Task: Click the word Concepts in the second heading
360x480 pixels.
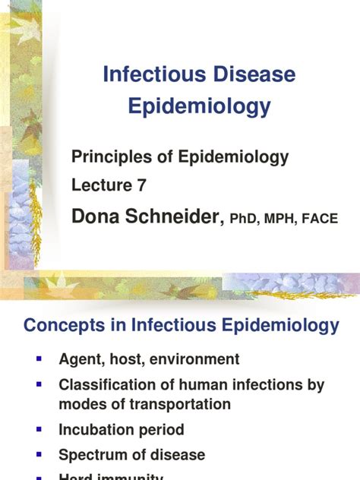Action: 65,326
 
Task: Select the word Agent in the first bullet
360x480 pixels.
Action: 81,360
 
